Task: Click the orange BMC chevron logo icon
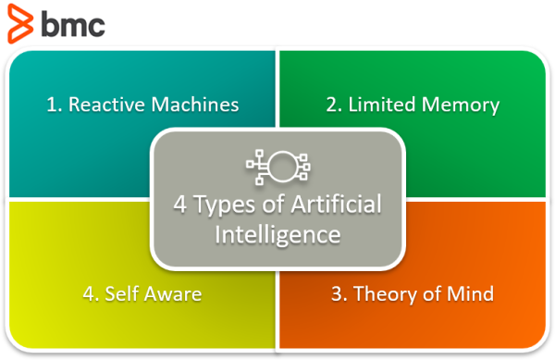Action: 20,24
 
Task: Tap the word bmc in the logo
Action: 73,23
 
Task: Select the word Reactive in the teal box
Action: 107,105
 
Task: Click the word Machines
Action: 195,105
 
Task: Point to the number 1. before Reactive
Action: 55,105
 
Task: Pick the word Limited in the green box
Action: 382,105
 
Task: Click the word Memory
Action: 461,106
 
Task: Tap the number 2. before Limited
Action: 334,105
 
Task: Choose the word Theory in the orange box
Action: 386,294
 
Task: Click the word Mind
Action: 471,293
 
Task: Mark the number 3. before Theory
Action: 339,293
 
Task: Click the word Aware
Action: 173,294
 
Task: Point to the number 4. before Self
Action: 91,293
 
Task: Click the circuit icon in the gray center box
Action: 278,167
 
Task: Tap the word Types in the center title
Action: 225,205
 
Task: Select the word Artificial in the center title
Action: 337,204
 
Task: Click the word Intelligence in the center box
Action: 277,235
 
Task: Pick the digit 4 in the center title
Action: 180,205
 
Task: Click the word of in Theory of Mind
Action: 433,293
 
